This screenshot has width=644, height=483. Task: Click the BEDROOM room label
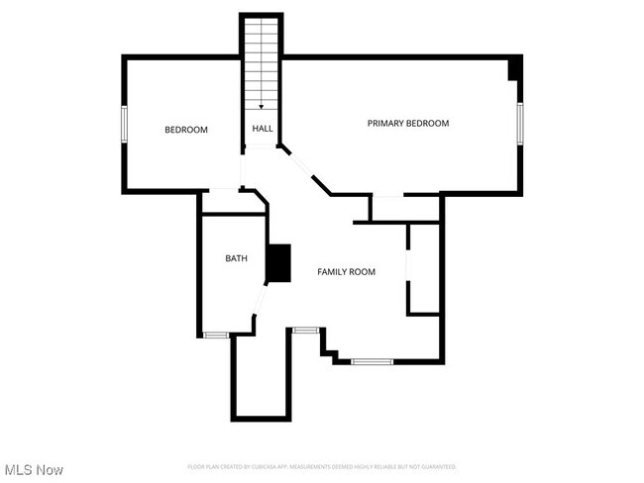coord(185,130)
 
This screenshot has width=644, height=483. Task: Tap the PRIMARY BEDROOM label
coord(407,124)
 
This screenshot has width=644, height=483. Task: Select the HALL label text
coord(263,129)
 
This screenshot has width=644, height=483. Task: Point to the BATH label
coord(236,258)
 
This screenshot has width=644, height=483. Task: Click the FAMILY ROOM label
coord(346,271)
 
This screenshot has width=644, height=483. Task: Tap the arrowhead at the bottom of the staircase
coord(262,106)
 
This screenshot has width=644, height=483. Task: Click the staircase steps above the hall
coord(262,59)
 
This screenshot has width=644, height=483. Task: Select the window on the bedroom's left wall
coord(124,124)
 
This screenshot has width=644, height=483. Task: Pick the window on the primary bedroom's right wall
coord(520,124)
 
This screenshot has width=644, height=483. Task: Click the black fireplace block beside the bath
coord(278,264)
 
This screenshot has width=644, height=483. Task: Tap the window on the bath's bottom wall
coord(216,336)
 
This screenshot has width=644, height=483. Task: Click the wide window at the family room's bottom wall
coord(373,361)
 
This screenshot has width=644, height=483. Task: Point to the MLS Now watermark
coord(34,468)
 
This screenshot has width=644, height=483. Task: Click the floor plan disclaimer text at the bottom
coord(322,466)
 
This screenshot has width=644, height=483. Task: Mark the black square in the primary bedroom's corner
coord(514,69)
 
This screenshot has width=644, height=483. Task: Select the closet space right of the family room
coord(424,269)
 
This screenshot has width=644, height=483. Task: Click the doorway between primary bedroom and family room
coord(387,196)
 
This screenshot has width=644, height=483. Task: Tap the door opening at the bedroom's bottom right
coord(224,188)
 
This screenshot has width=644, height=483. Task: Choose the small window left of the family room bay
coord(304,329)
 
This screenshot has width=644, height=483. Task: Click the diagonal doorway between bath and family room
coord(261,299)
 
